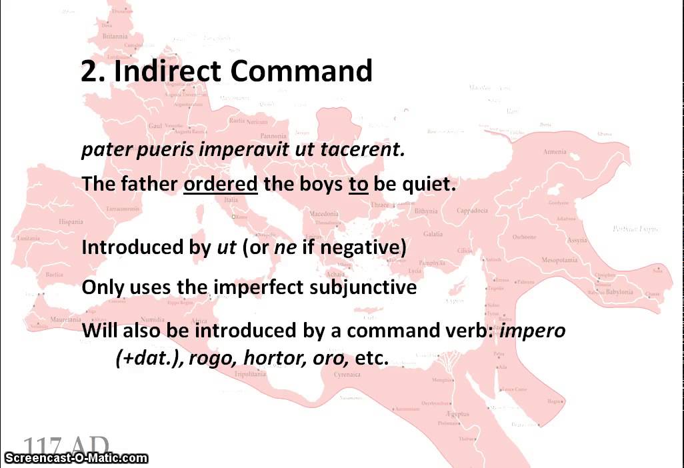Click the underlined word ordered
(x=220, y=184)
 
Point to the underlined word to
(x=358, y=184)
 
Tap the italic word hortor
(x=269, y=357)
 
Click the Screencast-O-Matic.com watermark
(x=75, y=457)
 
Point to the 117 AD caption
(x=66, y=446)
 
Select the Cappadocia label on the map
(x=472, y=211)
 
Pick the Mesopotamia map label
(x=559, y=260)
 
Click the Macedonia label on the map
(x=325, y=214)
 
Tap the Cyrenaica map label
(x=347, y=375)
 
